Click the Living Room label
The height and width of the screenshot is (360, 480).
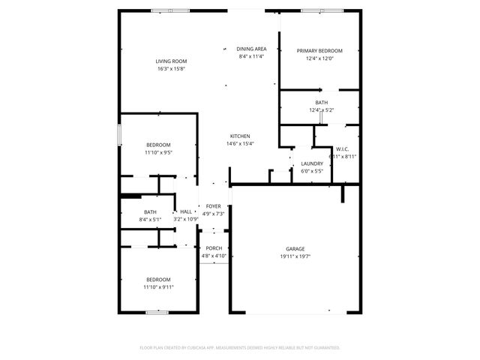pos(171,61)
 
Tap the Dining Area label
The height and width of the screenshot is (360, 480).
pos(251,49)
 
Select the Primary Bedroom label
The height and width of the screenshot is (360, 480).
pos(319,51)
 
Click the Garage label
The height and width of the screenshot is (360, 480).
pos(295,249)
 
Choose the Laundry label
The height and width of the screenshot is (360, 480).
pos(311,163)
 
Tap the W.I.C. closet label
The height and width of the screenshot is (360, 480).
pos(343,149)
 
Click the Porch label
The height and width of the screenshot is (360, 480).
pos(214,248)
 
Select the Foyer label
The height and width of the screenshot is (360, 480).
pos(214,205)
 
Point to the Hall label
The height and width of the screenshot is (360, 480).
pos(186,212)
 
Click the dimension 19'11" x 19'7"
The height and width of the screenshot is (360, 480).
pos(295,256)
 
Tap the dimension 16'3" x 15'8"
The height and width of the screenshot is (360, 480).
pos(171,69)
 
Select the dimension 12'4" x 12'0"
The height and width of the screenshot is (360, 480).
pos(319,58)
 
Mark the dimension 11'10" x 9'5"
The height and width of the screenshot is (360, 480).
pos(158,152)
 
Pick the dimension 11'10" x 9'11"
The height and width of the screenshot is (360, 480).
pos(158,286)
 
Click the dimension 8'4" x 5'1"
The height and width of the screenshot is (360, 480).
pos(150,220)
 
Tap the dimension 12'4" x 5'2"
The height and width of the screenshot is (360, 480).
pos(321,110)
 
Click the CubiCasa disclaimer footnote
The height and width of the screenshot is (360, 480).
pos(240,347)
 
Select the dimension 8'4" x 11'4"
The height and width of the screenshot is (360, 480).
pos(251,56)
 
